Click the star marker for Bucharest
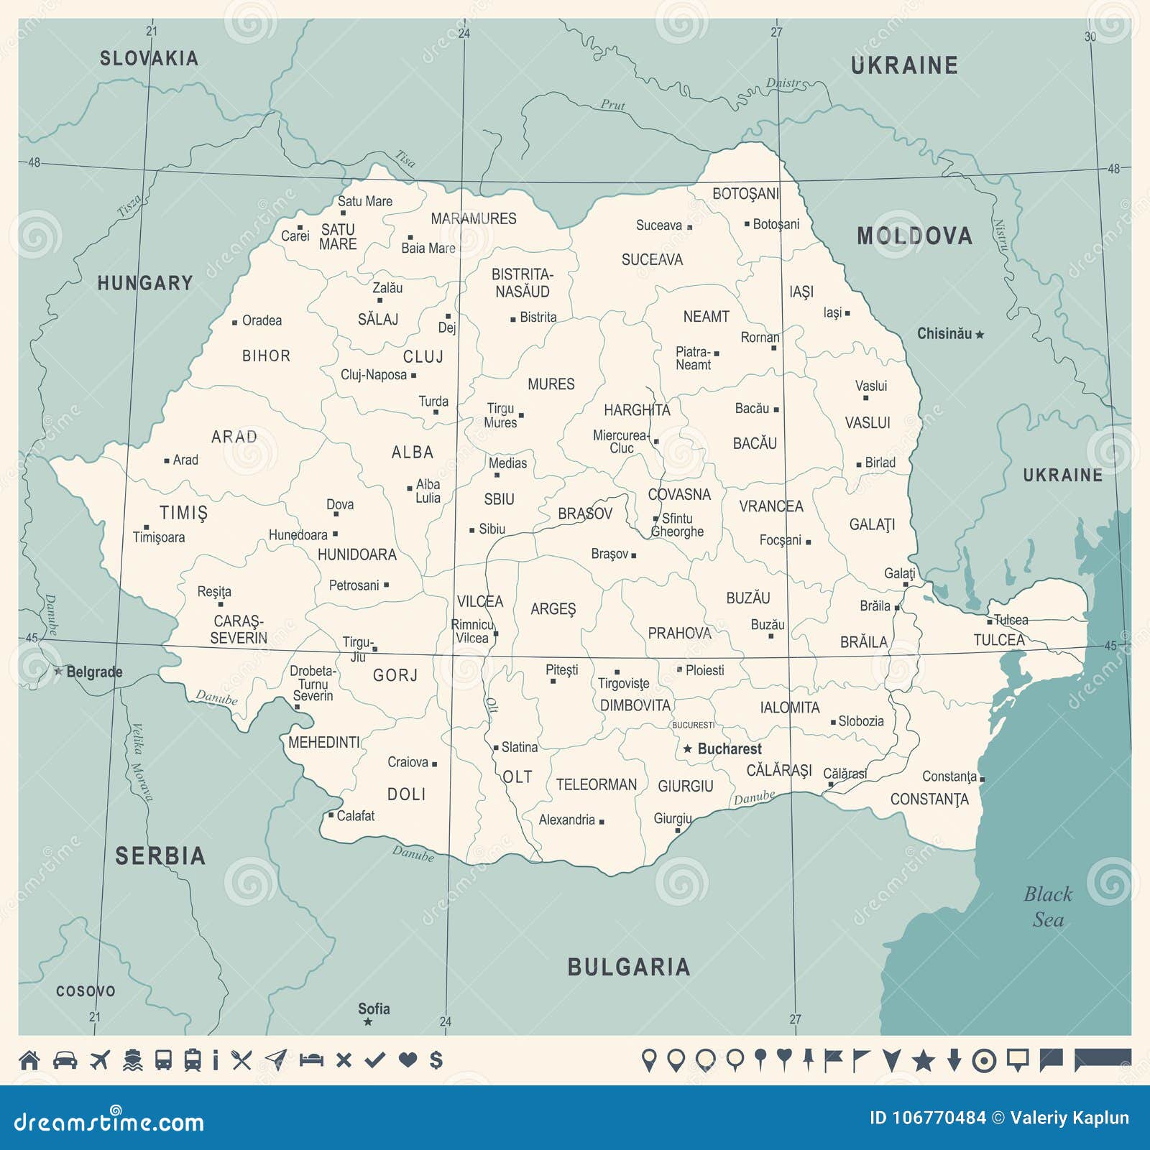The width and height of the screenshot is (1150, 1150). coord(687,749)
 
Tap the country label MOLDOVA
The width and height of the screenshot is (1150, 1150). coord(914,236)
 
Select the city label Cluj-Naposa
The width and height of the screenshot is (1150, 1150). coord(374,375)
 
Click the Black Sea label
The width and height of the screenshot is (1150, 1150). coord(1048,906)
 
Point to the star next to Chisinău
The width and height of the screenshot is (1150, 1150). coord(979,335)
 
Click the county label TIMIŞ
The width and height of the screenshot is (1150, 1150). coord(183,513)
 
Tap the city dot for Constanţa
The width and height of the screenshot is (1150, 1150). coord(982,779)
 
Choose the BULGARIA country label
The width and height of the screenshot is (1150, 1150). coord(629,968)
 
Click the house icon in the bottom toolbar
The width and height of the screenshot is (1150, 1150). coord(29,1060)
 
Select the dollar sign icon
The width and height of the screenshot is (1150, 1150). coord(436,1060)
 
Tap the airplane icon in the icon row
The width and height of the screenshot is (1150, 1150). coord(100,1060)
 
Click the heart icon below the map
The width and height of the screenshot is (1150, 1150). coord(408,1060)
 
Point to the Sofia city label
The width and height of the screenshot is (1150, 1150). coord(374,1009)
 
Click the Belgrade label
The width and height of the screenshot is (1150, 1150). coord(94,672)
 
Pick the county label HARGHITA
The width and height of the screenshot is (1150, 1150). coord(637,410)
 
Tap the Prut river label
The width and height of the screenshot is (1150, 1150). coord(612,105)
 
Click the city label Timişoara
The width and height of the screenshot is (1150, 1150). coord(159,537)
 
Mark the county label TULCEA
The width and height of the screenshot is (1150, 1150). coord(999,640)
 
